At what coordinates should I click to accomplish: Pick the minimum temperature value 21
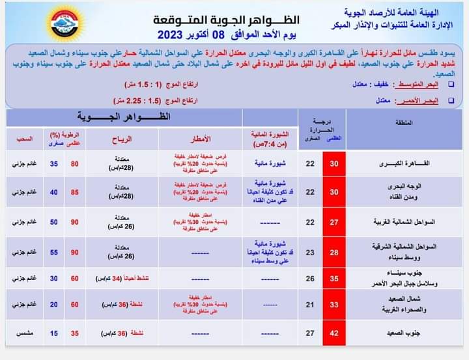tap(310, 305)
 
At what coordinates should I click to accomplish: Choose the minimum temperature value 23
tap(310, 253)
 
